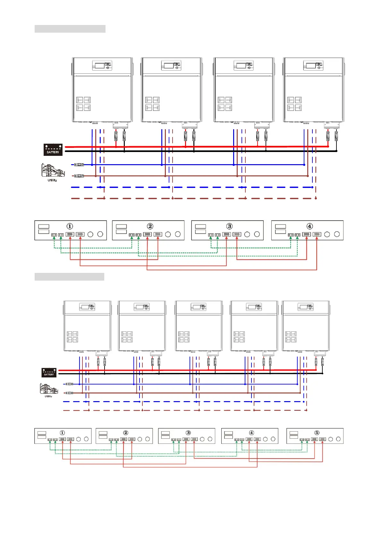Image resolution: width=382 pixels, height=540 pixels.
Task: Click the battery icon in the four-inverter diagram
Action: point(53,149)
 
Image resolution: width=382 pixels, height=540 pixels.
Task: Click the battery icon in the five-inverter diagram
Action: point(49,372)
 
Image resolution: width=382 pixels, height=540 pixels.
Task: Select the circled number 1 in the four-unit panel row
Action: point(70,226)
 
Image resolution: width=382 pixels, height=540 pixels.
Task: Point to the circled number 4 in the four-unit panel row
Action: point(310,226)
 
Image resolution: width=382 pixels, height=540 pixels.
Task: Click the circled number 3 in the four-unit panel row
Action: point(229,226)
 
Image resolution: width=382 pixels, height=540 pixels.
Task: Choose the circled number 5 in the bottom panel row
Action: point(317,433)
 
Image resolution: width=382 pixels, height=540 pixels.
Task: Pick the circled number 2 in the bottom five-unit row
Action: point(126,433)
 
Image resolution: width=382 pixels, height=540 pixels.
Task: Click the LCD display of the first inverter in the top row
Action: point(100,65)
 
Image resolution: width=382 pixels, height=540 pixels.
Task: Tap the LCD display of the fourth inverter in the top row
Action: point(310,65)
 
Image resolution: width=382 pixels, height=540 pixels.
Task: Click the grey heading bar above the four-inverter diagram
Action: point(70,29)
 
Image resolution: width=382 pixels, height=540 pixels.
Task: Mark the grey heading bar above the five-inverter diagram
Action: point(69,277)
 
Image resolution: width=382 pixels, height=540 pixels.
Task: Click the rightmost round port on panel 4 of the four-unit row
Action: point(337,234)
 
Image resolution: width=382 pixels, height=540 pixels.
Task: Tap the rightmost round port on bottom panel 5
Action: point(338,439)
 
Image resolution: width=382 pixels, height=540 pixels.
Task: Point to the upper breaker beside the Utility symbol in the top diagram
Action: point(79,165)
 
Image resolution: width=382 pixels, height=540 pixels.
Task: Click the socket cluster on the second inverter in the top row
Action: point(152,104)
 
